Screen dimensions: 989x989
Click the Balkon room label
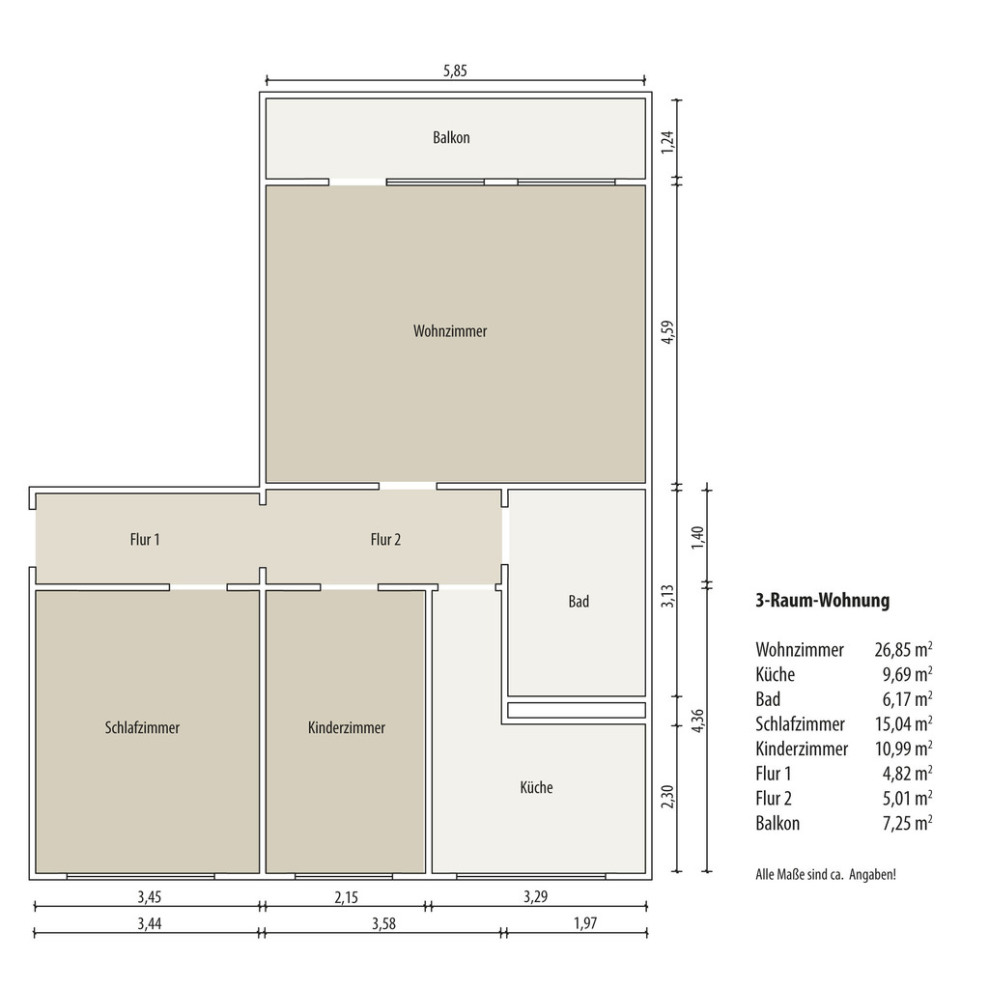(x=451, y=137)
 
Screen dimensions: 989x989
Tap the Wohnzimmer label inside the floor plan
(x=450, y=331)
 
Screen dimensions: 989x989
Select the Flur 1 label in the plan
(x=145, y=539)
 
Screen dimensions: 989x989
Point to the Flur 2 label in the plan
(x=385, y=539)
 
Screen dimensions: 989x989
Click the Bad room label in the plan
(x=579, y=601)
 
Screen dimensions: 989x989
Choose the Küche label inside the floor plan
(x=536, y=787)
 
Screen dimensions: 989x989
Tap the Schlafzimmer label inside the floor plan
(x=142, y=728)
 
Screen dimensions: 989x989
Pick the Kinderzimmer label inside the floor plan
(x=347, y=728)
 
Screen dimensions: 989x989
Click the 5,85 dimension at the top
(x=455, y=71)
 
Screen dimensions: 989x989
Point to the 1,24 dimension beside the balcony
(x=667, y=141)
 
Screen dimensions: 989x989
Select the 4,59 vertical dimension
(x=667, y=332)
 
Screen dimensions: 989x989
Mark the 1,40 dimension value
(x=697, y=537)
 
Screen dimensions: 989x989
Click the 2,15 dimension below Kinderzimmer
(x=347, y=897)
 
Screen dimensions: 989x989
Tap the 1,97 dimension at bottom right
(x=584, y=923)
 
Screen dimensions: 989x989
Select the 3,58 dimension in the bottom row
(x=383, y=923)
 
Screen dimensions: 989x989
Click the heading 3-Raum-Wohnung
(x=823, y=600)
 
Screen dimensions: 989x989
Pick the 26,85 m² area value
(x=903, y=649)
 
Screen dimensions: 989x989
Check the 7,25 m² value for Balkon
(x=907, y=823)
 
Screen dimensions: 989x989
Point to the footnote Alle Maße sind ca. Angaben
(x=826, y=875)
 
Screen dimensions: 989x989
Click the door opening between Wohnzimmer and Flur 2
(x=408, y=487)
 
